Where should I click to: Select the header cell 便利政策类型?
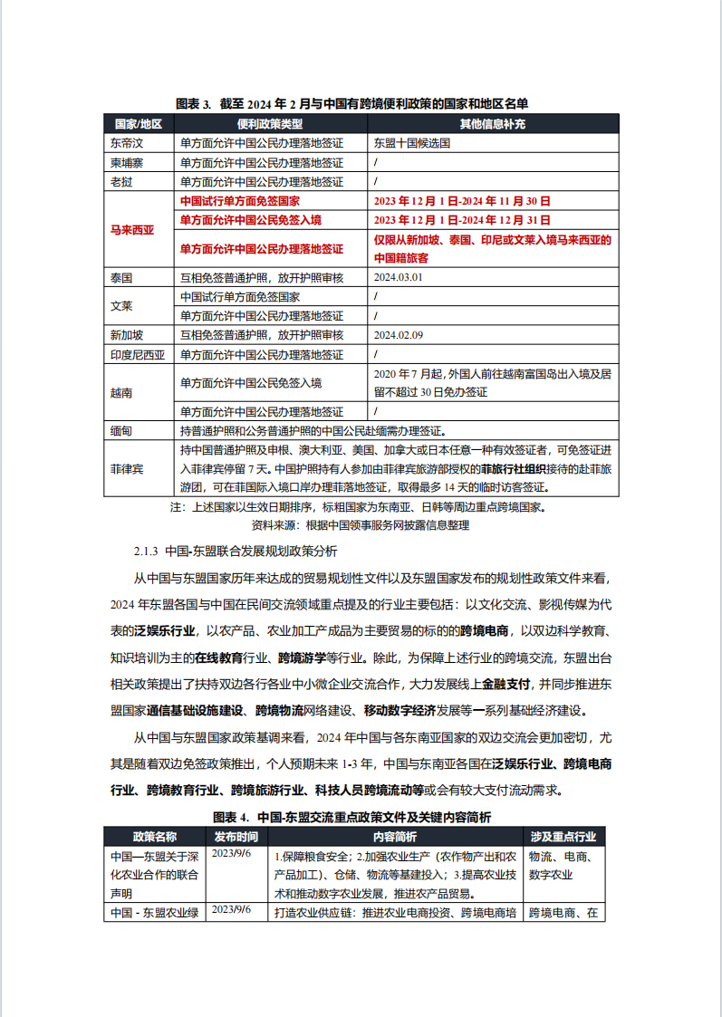[270, 123]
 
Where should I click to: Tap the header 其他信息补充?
[492, 123]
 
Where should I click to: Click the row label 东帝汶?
[127, 143]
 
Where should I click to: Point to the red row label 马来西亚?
[132, 230]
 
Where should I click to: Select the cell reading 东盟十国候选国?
[411, 143]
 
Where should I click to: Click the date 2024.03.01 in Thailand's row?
[398, 277]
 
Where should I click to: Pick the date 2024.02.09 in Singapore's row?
[398, 335]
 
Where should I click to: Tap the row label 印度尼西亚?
[138, 355]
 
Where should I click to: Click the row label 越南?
[121, 393]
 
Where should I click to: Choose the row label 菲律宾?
[127, 469]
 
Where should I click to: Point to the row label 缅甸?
[121, 431]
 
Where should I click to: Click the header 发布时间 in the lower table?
[236, 836]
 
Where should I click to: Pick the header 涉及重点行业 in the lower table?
[563, 836]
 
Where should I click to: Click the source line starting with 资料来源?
[361, 524]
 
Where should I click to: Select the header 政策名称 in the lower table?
[154, 836]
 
